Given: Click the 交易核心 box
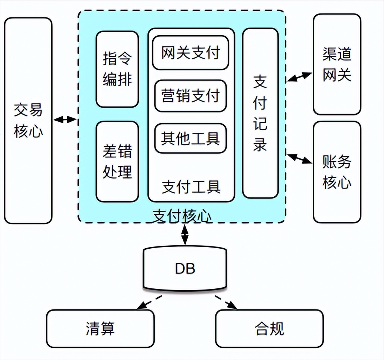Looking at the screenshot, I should click(28, 121).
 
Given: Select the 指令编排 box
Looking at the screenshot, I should click(117, 69).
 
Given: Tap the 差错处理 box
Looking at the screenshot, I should click(117, 161).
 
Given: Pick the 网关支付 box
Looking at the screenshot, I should click(191, 52).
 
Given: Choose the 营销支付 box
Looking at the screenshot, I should click(191, 96).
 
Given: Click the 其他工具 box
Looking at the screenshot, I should click(191, 138).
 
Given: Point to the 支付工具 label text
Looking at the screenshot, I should click(191, 187).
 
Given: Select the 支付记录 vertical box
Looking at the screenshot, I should click(260, 113).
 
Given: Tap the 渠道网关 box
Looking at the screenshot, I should click(337, 64).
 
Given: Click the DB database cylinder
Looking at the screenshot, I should click(185, 268).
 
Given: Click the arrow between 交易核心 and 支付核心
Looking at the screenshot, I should click(65, 120).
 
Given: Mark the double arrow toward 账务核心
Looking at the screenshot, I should click(300, 158).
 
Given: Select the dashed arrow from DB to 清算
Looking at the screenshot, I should click(149, 302).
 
